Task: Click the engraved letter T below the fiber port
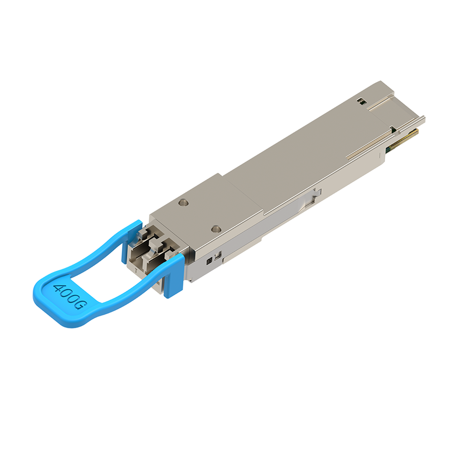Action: pyautogui.click(x=136, y=271)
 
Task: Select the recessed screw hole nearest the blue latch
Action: pyautogui.click(x=216, y=229)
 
